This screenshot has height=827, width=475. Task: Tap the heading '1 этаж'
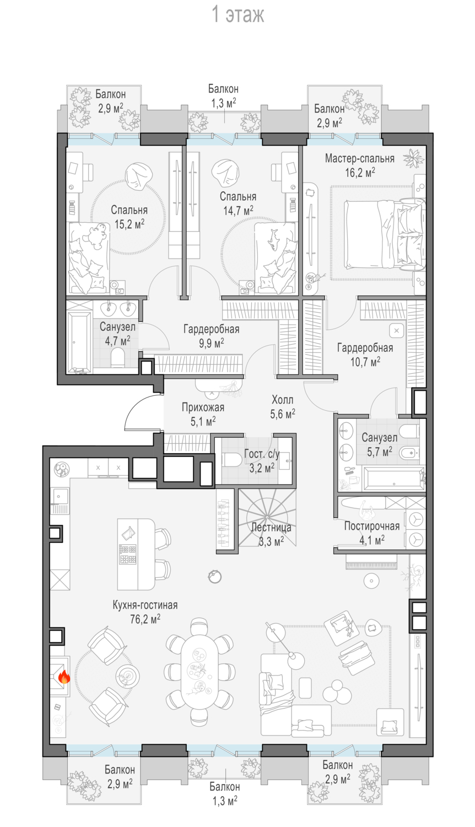point(238,14)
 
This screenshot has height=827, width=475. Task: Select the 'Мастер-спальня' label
point(359,158)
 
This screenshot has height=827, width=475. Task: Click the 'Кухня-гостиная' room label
point(145,605)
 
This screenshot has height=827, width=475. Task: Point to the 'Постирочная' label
point(372,526)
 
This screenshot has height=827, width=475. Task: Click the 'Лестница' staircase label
point(271,527)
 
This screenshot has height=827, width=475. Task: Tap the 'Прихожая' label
point(203,407)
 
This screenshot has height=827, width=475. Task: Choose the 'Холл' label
point(283,400)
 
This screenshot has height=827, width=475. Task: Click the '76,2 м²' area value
point(145,619)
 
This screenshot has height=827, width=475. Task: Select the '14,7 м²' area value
point(238,210)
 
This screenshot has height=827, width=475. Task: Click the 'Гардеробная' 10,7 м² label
point(365,348)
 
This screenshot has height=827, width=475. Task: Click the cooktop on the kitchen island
point(128,554)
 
